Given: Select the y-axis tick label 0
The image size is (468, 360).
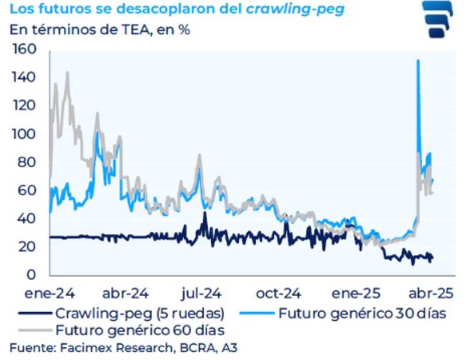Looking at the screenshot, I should pos(33,275).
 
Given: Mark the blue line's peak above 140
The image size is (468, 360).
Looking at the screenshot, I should pos(417,61).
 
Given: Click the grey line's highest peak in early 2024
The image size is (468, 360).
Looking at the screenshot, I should pos(67,72).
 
